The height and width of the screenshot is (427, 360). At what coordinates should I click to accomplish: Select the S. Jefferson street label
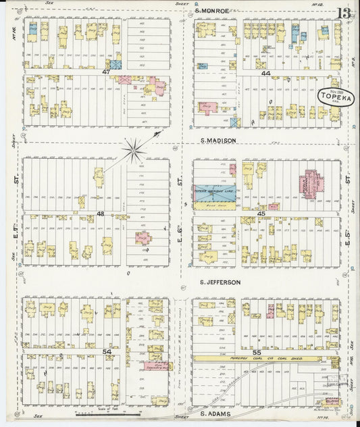[220, 282]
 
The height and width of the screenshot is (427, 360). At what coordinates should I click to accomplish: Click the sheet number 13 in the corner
[345, 13]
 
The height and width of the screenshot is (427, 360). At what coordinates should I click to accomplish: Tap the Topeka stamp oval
[332, 97]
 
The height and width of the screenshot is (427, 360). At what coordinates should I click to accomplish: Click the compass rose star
[134, 149]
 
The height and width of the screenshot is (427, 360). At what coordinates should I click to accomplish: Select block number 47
[106, 71]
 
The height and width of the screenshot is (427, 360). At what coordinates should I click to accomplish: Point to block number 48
[100, 214]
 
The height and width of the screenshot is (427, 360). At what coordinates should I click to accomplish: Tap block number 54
[107, 351]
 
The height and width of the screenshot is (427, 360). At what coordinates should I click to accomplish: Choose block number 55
[256, 352]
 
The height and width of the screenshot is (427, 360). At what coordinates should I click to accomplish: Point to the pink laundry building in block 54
[157, 366]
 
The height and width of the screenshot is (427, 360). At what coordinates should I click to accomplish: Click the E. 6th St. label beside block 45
[181, 182]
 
